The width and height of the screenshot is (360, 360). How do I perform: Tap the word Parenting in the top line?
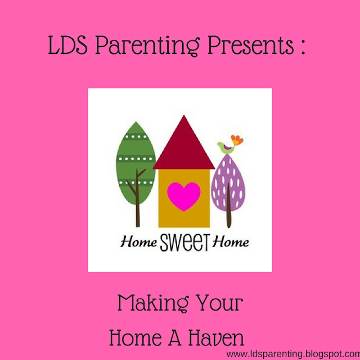[147, 46]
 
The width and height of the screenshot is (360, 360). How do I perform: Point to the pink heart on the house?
[184, 196]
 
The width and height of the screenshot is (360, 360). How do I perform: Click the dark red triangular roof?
[184, 145]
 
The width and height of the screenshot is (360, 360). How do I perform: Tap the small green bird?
[226, 147]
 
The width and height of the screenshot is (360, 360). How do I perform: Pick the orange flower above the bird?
[237, 140]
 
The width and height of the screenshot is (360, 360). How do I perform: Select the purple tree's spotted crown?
[228, 182]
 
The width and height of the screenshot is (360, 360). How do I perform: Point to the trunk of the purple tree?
[229, 205]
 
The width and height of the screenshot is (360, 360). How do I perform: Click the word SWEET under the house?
[184, 242]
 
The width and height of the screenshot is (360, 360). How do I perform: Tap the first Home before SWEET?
[139, 242]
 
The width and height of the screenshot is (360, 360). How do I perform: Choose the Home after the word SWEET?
[231, 242]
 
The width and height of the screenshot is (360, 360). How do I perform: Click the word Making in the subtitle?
[153, 303]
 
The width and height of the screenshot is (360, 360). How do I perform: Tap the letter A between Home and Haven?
[174, 337]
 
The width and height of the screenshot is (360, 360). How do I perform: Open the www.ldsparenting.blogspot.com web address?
[293, 354]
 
